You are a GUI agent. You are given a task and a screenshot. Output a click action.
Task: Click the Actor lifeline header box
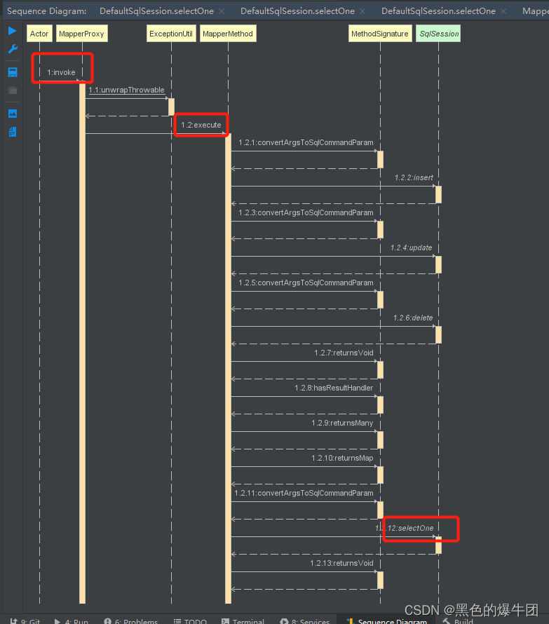tap(39, 34)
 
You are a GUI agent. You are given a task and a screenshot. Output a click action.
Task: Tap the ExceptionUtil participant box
tap(171, 34)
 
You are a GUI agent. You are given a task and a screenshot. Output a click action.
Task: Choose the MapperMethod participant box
tap(227, 34)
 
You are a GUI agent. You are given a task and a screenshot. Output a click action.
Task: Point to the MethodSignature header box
tap(380, 34)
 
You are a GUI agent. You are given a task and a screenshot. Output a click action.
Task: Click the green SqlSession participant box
tap(438, 34)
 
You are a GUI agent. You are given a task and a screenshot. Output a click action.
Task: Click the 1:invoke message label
tap(61, 72)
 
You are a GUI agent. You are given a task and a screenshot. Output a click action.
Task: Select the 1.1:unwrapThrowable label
tap(126, 90)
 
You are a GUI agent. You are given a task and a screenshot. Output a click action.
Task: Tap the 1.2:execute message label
tap(201, 125)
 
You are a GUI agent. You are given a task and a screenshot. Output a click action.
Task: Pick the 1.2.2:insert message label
tap(414, 177)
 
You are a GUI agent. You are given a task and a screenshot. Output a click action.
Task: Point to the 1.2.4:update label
tap(412, 247)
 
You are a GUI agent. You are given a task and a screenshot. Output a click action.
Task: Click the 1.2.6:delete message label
tap(413, 318)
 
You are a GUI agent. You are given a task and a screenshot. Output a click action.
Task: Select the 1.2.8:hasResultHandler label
tap(334, 388)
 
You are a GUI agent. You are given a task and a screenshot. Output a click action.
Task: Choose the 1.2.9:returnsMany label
tap(342, 423)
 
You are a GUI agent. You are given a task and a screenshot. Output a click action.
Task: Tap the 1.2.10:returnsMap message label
tap(342, 458)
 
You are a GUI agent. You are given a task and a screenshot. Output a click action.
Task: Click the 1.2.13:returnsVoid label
tap(341, 563)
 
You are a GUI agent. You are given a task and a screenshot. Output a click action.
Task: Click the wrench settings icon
tap(13, 49)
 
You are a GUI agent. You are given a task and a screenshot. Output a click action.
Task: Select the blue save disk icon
tap(13, 72)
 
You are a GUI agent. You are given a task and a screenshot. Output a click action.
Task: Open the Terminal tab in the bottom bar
tap(243, 620)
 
